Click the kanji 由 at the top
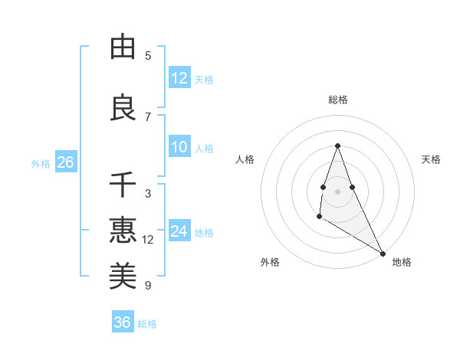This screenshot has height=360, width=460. (123, 47)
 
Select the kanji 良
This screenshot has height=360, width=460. (123, 106)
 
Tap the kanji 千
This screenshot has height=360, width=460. (123, 185)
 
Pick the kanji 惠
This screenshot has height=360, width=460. (123, 229)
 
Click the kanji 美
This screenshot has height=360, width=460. (123, 275)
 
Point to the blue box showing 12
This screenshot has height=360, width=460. (179, 78)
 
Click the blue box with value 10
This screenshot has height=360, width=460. (179, 147)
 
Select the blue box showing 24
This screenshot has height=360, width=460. (179, 231)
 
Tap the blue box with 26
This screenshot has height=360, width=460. (65, 162)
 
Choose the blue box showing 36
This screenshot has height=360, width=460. (123, 322)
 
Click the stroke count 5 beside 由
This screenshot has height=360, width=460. (148, 56)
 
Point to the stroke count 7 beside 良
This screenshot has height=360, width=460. (148, 116)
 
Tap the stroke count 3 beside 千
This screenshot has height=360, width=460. (148, 194)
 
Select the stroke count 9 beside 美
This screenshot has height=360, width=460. (148, 286)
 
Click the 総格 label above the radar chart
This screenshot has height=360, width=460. (337, 100)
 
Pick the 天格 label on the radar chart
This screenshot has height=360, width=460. (431, 159)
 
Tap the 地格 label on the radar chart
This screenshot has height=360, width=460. (402, 262)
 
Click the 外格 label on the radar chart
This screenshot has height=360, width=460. (270, 262)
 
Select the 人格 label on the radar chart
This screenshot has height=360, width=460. (245, 159)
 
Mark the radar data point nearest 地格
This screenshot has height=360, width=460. (383, 254)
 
